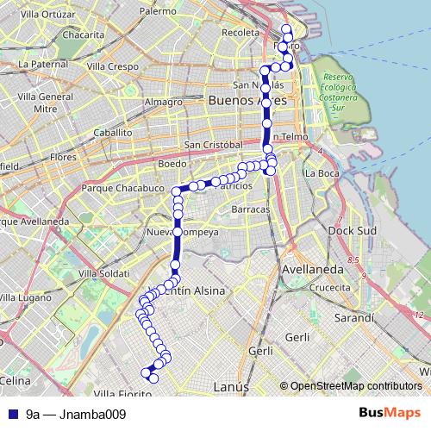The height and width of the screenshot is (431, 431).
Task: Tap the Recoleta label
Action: tap(240, 33)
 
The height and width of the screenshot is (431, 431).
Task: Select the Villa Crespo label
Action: tap(112, 66)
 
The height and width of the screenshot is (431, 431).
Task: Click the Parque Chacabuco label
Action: tap(122, 187)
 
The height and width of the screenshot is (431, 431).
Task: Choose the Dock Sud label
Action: tap(350, 231)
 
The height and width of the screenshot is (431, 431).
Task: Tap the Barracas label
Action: tap(250, 209)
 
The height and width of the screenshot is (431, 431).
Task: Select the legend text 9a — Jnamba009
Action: tap(76, 414)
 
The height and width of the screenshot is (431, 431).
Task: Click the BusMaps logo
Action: tap(387, 414)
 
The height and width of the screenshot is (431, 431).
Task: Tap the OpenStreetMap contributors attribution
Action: tap(354, 386)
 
